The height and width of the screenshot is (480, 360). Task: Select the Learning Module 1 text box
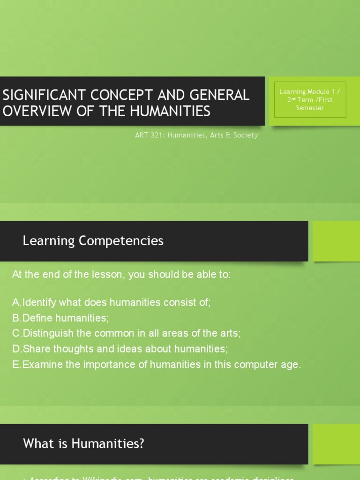click(x=310, y=100)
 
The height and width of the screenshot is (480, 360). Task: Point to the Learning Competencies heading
click(x=93, y=241)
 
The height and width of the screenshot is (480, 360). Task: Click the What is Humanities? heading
click(x=83, y=443)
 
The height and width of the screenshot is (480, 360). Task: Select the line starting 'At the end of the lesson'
click(x=121, y=275)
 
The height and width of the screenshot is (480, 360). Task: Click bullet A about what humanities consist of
click(x=112, y=302)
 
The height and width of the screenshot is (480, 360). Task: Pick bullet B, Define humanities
click(x=60, y=318)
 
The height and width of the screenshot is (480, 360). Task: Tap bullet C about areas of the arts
click(x=127, y=333)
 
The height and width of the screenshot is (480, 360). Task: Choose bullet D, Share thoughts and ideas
click(x=120, y=349)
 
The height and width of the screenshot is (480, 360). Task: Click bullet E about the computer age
click(x=157, y=364)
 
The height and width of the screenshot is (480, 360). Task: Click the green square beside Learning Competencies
click(x=336, y=241)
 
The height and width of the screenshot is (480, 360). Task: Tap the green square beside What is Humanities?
click(x=336, y=443)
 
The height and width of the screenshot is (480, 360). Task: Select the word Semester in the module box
click(x=310, y=108)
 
